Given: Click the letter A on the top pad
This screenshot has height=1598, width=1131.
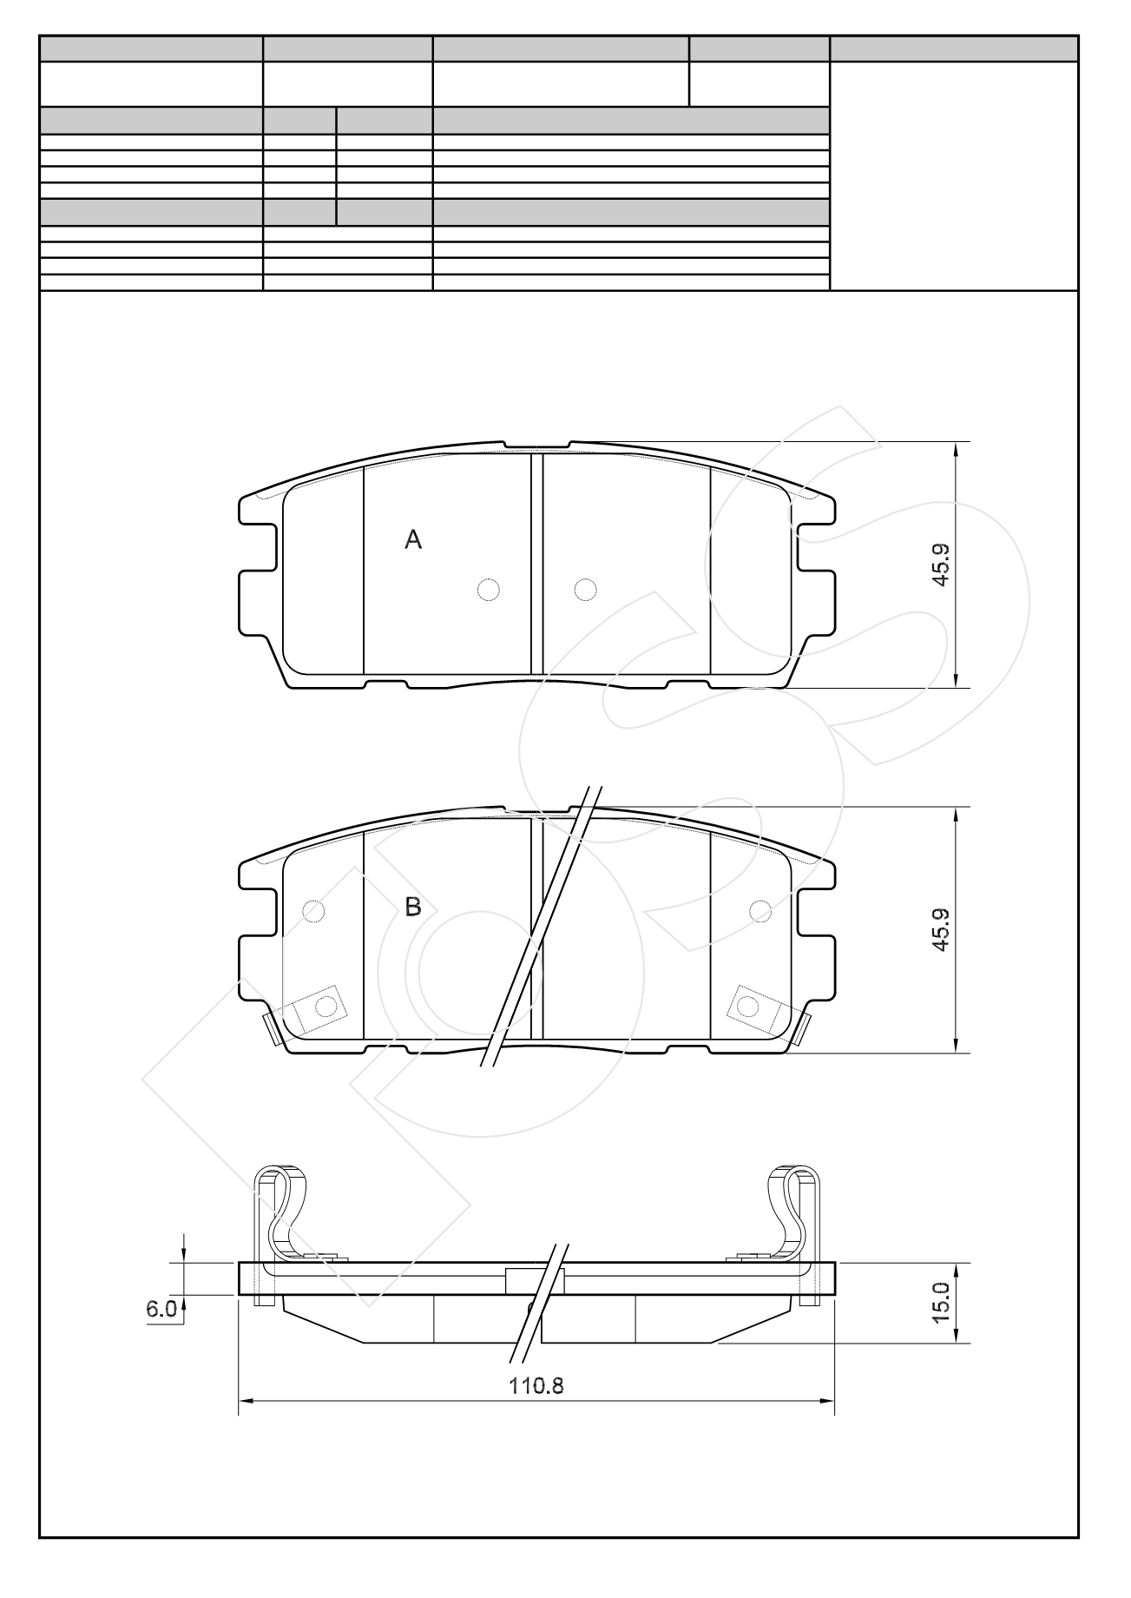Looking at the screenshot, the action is pos(413,540).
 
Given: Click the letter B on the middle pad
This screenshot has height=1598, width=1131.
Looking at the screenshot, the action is pos(413,908).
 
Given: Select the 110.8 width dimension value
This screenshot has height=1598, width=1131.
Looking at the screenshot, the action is pos(536,1385).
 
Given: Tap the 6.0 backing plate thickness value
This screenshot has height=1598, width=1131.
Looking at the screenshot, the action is pos(161,1309).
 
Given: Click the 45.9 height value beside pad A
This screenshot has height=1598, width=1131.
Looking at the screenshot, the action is pos(942,565).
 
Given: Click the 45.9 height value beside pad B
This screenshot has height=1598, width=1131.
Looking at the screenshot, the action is pos(942,930).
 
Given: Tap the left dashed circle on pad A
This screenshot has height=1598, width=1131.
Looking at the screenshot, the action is pos(490,590).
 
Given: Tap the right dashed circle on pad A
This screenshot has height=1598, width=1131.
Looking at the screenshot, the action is pos(586,590).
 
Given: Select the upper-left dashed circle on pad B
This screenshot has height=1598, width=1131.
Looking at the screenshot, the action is pos(314,910).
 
